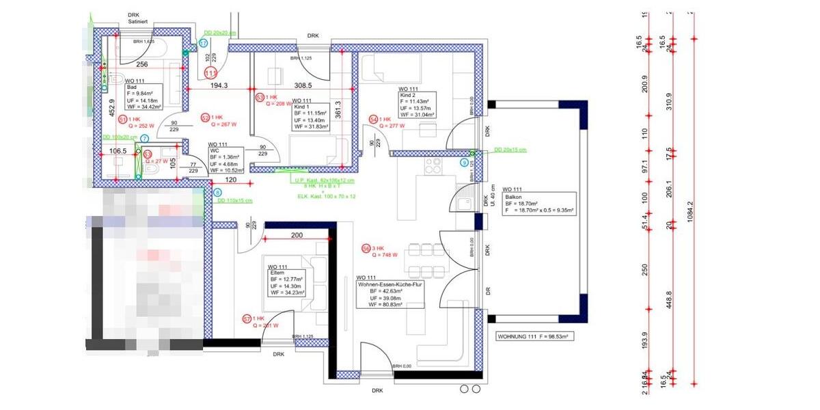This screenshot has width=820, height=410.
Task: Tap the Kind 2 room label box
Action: coord(417,102)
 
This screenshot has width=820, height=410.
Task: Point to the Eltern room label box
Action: coord(286,282)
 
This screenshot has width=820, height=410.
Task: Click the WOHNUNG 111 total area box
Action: coord(534,337)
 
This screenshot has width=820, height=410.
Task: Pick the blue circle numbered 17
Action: coord(203,43)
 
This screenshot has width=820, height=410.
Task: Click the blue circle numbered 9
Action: coord(465,163)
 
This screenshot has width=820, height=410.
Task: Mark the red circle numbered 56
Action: coord(366,248)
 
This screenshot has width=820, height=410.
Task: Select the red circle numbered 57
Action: coord(247,318)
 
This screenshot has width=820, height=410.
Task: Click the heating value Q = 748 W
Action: coord(385,255)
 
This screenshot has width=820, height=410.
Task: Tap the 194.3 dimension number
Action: coord(219,85)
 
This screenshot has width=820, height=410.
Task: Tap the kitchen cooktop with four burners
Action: coord(433,165)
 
